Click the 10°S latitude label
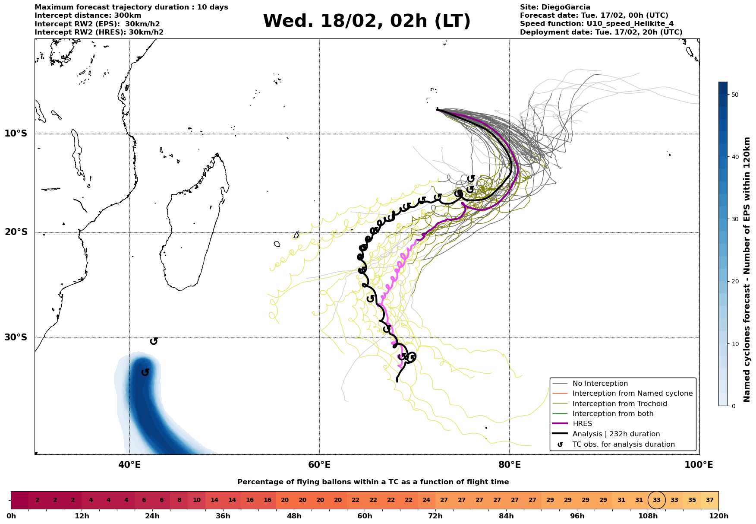point(16,133)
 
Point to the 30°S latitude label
point(16,337)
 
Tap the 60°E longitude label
point(319,465)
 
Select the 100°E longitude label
point(699,465)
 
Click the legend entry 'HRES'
point(582,424)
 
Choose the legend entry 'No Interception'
point(600,384)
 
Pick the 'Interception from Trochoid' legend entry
point(619,404)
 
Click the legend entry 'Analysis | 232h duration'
point(616,434)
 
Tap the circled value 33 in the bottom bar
point(656,500)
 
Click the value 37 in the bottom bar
point(709,500)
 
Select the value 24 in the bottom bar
point(426,500)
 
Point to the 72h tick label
point(435,516)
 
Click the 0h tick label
point(11,516)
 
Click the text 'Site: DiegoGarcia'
point(555,7)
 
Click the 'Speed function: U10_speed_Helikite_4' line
point(596,24)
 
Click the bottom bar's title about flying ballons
point(373,482)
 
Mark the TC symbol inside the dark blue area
point(145,372)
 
